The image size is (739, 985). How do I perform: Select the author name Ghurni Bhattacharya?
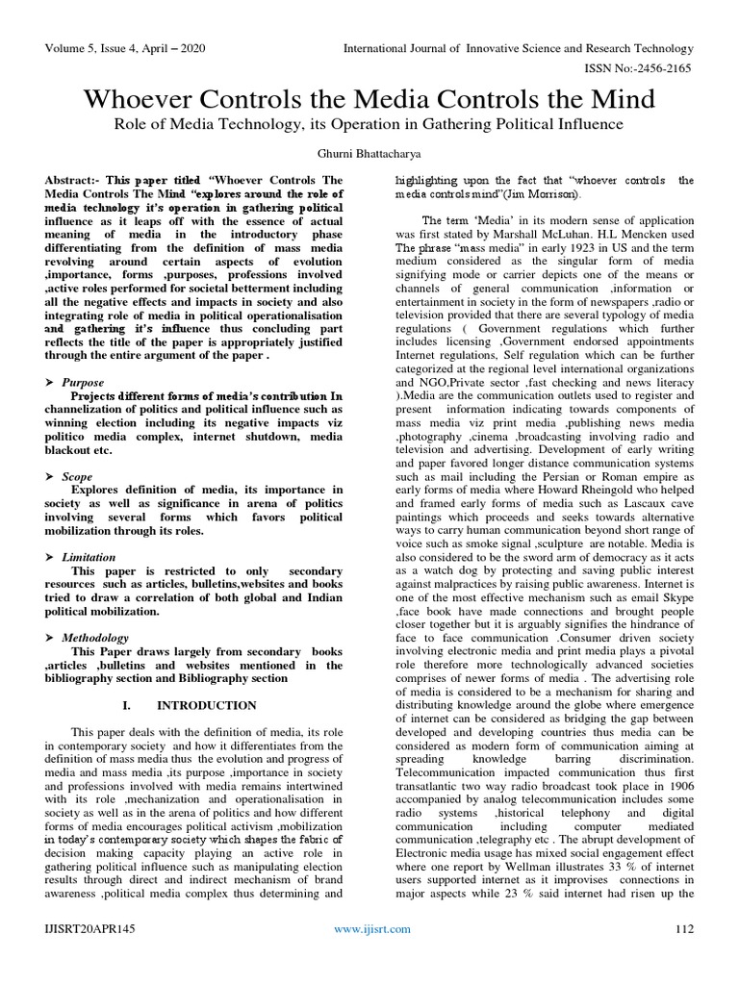[x=369, y=153]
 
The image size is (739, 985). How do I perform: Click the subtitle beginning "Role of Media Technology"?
[x=369, y=124]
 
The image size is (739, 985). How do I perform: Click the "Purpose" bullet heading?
[x=84, y=383]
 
